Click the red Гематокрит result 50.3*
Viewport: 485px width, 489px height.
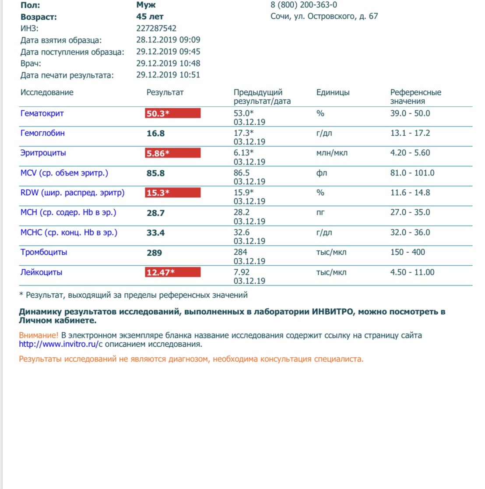tap(172, 113)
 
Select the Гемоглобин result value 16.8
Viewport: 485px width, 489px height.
tap(155, 134)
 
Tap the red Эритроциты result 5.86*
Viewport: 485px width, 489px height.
tap(172, 153)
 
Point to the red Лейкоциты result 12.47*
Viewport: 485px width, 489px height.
tap(172, 272)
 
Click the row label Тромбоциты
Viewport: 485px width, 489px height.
tap(44, 252)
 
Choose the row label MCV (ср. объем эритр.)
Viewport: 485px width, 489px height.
tap(64, 173)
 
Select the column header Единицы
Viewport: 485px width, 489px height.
tap(333, 92)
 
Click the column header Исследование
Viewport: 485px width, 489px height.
tap(47, 92)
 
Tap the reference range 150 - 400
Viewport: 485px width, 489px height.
tap(408, 252)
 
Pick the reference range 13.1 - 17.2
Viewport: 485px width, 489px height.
tap(410, 133)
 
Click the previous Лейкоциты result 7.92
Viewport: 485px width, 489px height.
tap(242, 272)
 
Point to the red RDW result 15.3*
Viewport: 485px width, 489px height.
tap(172, 193)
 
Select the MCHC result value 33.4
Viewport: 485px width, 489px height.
tap(155, 233)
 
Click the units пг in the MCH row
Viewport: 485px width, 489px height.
tap(320, 213)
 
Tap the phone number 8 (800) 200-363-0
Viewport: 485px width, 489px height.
tap(304, 5)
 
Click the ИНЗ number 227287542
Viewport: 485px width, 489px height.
tap(156, 28)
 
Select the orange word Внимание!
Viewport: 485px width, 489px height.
tap(39, 335)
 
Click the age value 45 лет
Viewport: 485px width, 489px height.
tap(150, 17)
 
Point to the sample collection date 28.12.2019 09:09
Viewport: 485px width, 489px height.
tap(168, 40)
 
